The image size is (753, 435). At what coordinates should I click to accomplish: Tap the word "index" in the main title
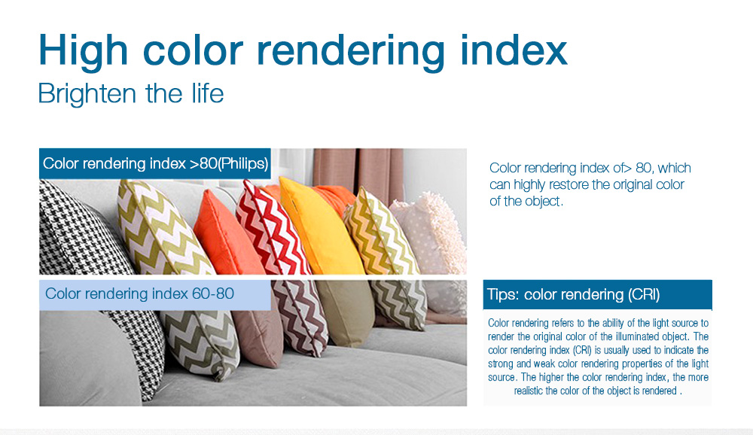point(514,49)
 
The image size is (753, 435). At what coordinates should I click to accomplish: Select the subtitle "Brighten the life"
point(130,93)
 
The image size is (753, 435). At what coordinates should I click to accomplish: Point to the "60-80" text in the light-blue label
point(213,294)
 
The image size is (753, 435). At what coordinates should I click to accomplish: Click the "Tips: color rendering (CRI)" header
point(573,294)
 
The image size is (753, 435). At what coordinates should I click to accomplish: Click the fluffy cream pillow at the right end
point(432,233)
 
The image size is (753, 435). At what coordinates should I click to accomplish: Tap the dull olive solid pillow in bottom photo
point(345,312)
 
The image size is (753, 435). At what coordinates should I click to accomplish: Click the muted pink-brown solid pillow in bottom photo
point(259,336)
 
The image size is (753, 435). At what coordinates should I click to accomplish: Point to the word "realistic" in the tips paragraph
point(529,391)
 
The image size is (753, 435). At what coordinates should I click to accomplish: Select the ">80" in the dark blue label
point(203,164)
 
